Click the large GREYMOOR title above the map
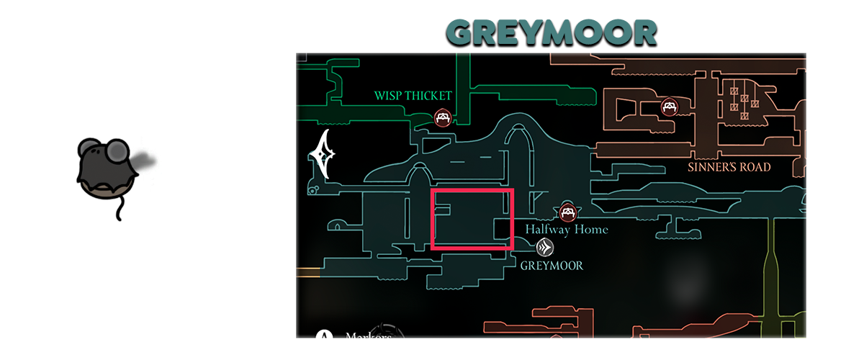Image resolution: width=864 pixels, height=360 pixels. (x=552, y=33)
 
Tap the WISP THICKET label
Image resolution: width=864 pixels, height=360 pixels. (x=413, y=96)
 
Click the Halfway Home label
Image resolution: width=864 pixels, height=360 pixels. (x=566, y=230)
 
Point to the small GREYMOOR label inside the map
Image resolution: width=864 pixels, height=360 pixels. (x=552, y=266)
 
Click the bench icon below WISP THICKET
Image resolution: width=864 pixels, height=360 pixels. (x=443, y=117)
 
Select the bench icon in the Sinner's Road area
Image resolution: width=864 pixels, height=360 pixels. (x=669, y=107)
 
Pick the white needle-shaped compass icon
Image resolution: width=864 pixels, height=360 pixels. (x=325, y=154)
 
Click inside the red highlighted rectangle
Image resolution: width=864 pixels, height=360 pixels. (x=472, y=219)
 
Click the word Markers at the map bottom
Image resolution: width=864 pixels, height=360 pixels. (x=367, y=336)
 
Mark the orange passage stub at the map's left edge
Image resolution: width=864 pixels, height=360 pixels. (x=307, y=272)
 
